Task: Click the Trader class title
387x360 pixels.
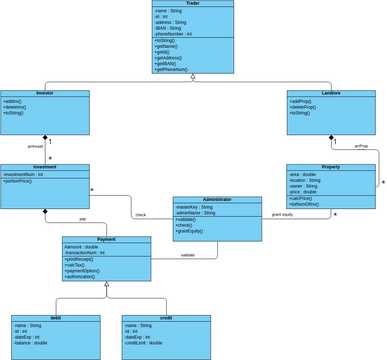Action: [193, 4]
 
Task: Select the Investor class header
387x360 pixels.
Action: [45, 93]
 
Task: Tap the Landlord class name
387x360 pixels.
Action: [331, 93]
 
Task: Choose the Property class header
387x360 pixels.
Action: [331, 167]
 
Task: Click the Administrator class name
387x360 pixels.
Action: [217, 200]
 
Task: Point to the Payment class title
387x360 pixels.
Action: [106, 240]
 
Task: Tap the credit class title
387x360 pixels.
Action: [166, 318]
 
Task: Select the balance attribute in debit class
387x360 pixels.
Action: [33, 343]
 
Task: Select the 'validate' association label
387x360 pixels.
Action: [187, 255]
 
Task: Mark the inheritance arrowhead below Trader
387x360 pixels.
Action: [193, 77]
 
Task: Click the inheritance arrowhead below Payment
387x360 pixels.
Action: [106, 284]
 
